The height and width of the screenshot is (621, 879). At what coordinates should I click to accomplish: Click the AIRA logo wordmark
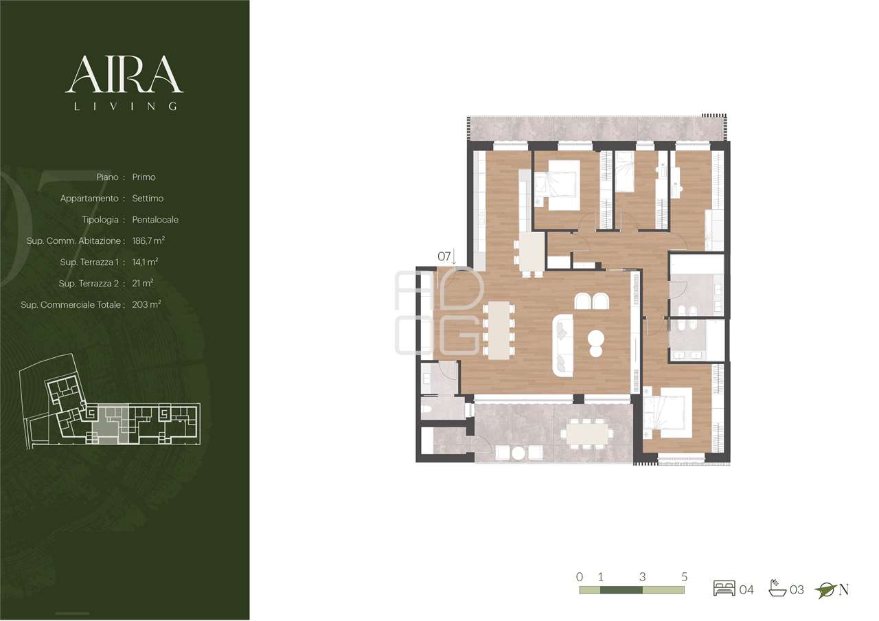(x=124, y=74)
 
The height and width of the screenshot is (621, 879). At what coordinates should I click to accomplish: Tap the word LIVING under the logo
(x=126, y=106)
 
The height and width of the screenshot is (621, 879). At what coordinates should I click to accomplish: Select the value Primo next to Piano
(x=144, y=177)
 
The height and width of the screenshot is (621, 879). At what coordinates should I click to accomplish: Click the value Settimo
(x=148, y=199)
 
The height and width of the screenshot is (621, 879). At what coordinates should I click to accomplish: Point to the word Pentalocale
(x=155, y=220)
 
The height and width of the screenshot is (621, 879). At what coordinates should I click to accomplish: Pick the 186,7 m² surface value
(x=148, y=240)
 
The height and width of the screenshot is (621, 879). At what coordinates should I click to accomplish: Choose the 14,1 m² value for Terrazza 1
(x=145, y=262)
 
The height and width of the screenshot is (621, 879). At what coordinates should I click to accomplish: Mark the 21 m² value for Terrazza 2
(x=142, y=283)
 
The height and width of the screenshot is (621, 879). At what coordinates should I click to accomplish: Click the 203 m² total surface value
(x=146, y=304)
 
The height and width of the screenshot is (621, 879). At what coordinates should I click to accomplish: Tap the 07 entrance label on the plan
(x=444, y=257)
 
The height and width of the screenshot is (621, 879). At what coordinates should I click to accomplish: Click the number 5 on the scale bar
(x=685, y=576)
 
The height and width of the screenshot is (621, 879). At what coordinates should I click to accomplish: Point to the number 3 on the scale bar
(x=642, y=576)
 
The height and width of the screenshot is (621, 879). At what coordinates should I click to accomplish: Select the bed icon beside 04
(x=724, y=588)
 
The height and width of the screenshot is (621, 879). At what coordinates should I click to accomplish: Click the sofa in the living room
(x=562, y=346)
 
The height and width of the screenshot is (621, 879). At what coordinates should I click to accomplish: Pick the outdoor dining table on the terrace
(x=586, y=433)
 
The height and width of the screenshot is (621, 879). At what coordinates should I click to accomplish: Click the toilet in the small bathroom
(x=426, y=408)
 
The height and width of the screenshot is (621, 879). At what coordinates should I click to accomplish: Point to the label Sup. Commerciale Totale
(x=71, y=304)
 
